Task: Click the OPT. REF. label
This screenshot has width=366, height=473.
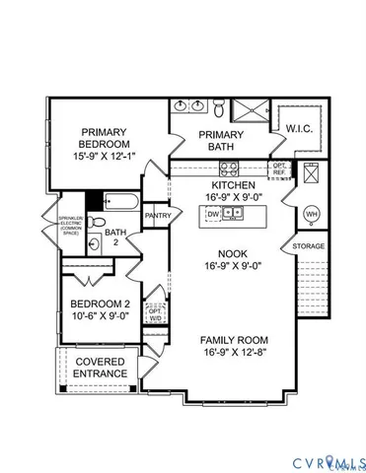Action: click(280, 169)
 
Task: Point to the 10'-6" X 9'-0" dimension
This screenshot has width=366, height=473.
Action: click(103, 318)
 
